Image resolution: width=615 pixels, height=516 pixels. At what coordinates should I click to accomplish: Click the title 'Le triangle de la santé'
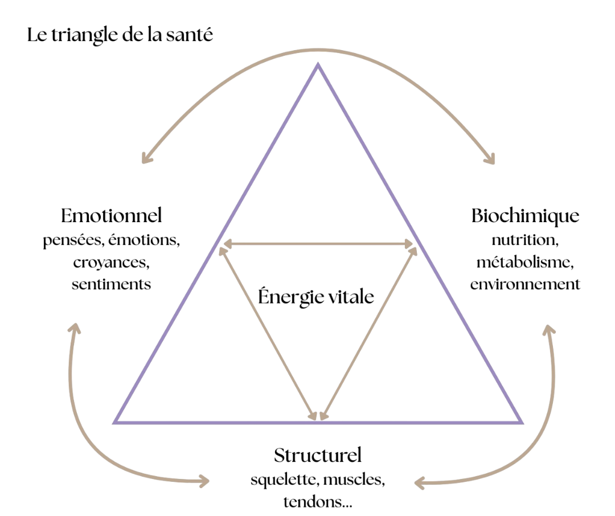[120, 35]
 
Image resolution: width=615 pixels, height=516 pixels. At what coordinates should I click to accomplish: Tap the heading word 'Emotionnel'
[112, 216]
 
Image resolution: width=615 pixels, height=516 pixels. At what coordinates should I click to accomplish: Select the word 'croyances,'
[112, 263]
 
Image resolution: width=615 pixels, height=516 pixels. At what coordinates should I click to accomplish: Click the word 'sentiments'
[112, 284]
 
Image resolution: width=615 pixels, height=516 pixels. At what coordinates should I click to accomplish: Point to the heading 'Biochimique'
[526, 216]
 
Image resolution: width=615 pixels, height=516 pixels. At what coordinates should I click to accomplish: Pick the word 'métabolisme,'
[525, 263]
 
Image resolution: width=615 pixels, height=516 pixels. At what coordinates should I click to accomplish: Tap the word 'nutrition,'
[525, 240]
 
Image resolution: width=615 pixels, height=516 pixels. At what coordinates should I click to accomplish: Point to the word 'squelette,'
[284, 480]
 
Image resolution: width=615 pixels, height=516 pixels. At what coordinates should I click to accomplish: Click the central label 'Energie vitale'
[316, 297]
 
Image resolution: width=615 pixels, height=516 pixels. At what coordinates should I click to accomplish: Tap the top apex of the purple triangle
[318, 65]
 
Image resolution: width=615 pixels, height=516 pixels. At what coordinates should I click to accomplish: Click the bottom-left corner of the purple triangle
[116, 422]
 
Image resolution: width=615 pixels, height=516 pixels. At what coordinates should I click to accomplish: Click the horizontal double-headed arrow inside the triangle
[318, 244]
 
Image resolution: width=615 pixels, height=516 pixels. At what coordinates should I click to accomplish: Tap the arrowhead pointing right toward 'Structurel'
[205, 481]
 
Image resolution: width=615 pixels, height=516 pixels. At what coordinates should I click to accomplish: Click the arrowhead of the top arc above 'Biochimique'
[490, 160]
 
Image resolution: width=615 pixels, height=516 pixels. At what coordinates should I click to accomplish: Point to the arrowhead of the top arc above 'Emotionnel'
[146, 159]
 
